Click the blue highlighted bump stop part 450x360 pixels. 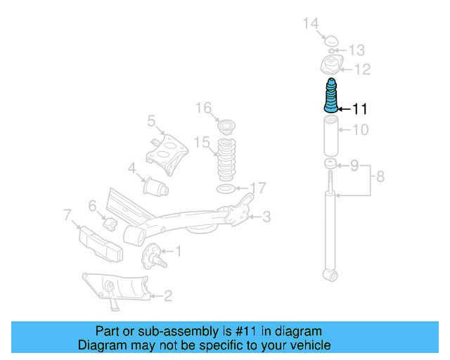pos(330,97)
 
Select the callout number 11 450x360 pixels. pos(359,109)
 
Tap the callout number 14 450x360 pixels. pos(311,25)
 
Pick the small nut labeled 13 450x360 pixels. pos(332,51)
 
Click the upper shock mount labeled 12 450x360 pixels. pos(330,67)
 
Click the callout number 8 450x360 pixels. pos(380,176)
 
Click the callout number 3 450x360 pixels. pos(266,217)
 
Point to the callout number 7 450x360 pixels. pos(67,214)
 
